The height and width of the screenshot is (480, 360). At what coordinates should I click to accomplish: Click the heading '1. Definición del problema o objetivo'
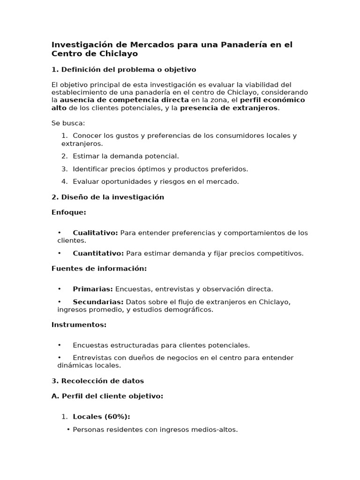coord(124,70)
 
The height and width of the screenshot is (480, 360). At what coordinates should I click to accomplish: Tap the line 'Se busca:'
coord(68,123)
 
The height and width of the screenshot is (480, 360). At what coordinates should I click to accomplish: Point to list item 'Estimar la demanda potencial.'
coord(126,156)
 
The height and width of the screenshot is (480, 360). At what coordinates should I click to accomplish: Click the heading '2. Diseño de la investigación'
coord(108,197)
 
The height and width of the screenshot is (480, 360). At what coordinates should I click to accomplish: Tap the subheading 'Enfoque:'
coord(69,212)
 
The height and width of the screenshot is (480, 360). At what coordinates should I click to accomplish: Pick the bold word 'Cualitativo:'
coord(95,233)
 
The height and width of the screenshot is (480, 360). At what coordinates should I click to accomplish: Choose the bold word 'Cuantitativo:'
coord(98,254)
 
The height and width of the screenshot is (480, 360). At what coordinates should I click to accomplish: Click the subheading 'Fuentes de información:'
coord(99,269)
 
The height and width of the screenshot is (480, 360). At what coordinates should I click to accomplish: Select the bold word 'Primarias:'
coord(93,289)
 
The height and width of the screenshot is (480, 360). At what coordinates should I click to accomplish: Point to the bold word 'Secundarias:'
coord(98,302)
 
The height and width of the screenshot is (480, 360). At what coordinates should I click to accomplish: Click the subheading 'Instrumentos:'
coord(79,325)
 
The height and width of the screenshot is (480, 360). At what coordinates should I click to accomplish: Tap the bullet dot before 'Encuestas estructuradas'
coord(60,345)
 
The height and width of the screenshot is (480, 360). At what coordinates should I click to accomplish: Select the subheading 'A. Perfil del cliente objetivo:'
coord(107,396)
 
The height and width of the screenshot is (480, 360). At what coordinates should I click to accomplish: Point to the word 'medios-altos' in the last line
coord(217,429)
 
